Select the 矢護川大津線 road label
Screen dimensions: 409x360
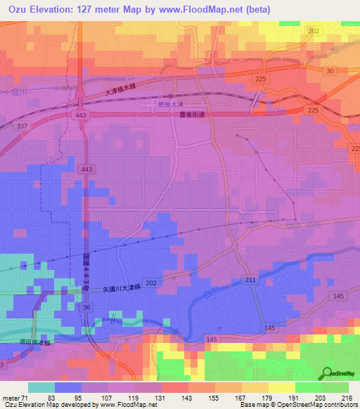click(113, 288)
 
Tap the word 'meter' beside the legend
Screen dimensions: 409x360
click(11, 397)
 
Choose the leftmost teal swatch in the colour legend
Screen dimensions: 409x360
click(41, 387)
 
